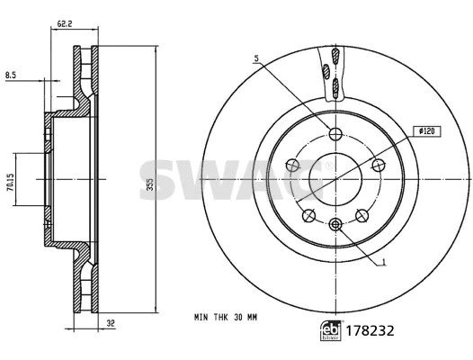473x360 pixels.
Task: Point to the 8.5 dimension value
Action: [10, 76]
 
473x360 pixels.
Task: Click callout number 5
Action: [256, 59]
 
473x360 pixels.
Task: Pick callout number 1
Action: [383, 263]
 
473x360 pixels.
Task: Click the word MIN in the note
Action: [202, 317]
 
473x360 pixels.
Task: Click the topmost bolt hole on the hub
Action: [335, 134]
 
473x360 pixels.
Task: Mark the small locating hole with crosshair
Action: [335, 223]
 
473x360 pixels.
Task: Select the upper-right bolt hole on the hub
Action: [378, 164]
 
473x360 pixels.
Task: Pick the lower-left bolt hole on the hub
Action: [308, 214]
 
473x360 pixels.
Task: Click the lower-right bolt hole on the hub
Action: [361, 214]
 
